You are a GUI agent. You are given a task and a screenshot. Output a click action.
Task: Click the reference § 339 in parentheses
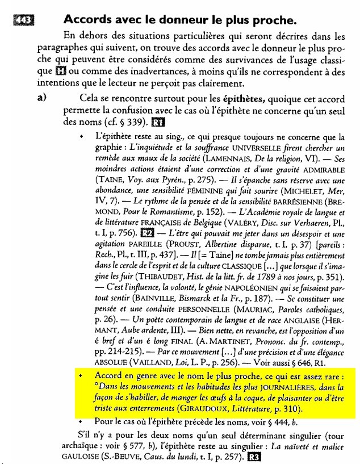133,122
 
